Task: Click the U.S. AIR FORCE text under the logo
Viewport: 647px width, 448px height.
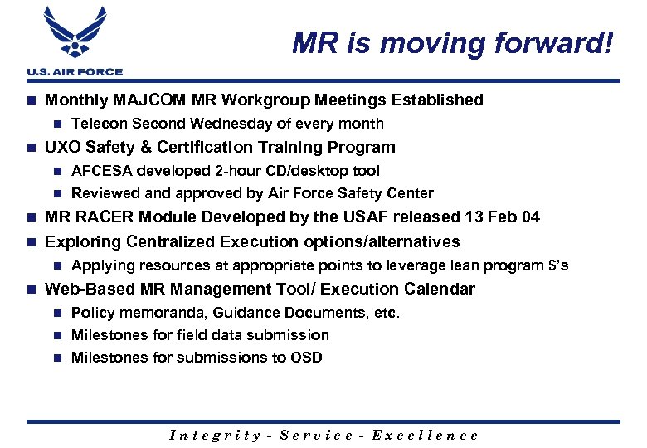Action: pyautogui.click(x=74, y=72)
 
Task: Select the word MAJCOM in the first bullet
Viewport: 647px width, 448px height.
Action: pyautogui.click(x=153, y=100)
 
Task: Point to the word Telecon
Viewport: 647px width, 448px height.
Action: pyautogui.click(x=99, y=124)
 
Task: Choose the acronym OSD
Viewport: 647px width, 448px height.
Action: pyautogui.click(x=305, y=358)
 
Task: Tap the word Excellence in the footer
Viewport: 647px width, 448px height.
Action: pyautogui.click(x=425, y=435)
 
